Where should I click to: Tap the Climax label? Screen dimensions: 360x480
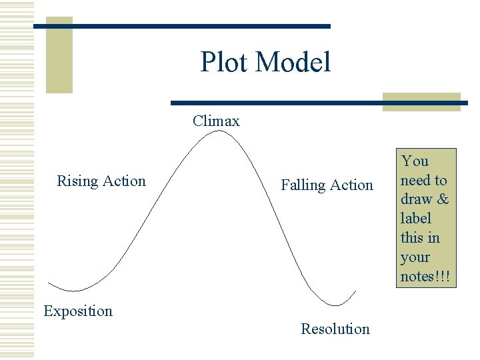(x=216, y=121)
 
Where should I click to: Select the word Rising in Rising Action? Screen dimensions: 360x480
(x=77, y=181)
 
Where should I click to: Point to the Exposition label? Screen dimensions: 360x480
(x=78, y=311)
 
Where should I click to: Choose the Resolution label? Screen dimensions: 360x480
(x=335, y=329)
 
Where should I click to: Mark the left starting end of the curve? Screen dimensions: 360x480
(x=49, y=283)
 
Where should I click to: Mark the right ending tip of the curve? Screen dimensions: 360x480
(x=356, y=291)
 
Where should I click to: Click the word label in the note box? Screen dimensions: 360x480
(x=416, y=219)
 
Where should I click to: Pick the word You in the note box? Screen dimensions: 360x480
(x=415, y=161)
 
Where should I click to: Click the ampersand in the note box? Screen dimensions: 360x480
(x=443, y=199)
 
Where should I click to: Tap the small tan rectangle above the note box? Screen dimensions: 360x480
(x=421, y=101)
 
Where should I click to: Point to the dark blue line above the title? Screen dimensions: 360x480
(x=182, y=26)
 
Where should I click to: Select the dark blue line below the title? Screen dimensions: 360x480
(x=319, y=103)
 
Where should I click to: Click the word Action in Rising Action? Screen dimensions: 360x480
(x=125, y=181)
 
